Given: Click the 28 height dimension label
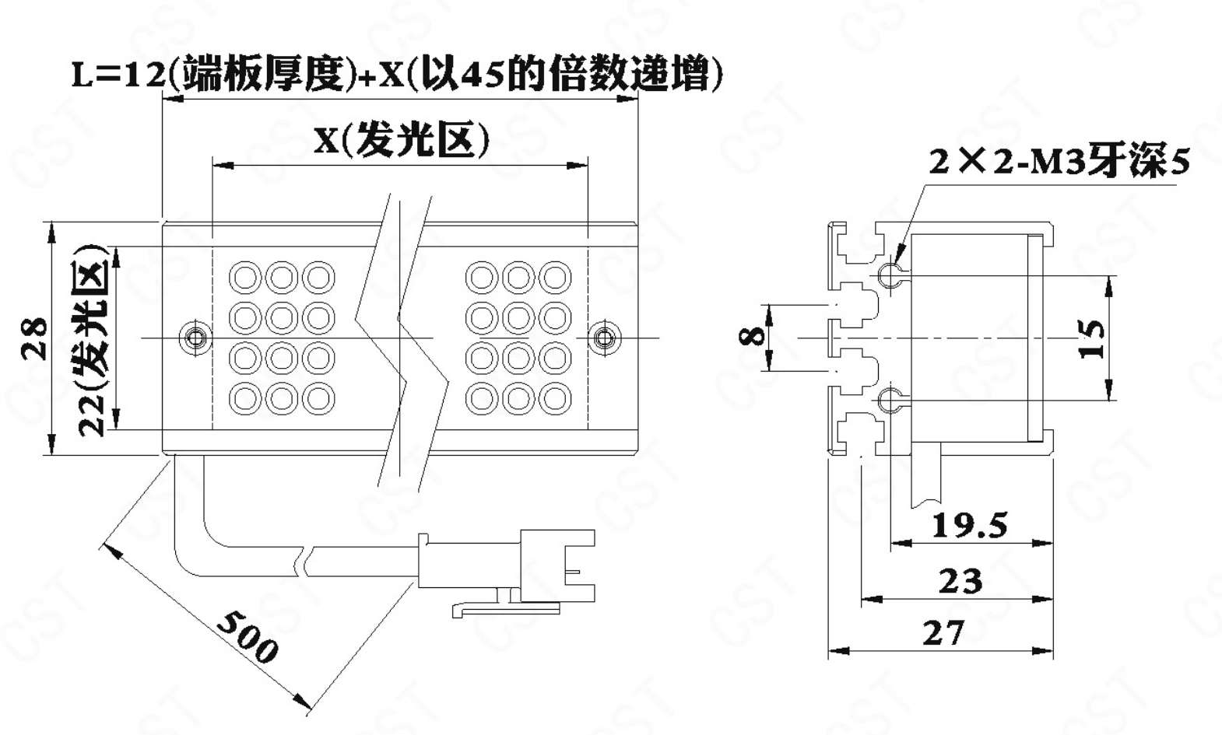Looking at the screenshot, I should pos(34,338).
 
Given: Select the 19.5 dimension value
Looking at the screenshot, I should pos(969,526).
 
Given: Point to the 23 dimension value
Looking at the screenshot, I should pos(960,580).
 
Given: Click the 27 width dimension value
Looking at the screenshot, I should pos(943,633).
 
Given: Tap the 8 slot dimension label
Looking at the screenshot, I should pos(750,336).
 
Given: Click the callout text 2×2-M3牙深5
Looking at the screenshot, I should pos(1059,162).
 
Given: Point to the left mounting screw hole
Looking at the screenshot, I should pos(195,338).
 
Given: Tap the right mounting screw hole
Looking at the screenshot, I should pos(604,338).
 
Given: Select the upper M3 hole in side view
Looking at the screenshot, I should pos(888,274).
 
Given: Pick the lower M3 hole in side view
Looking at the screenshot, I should pos(888,400).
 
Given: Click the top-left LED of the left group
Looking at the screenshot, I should pos(245,277).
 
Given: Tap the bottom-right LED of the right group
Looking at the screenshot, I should pos(555,398).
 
